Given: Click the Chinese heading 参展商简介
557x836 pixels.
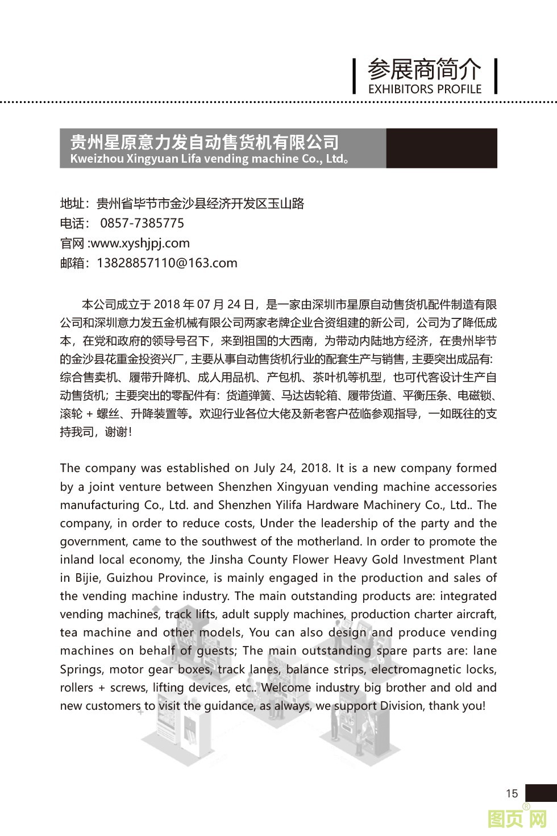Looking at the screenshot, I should (424, 70).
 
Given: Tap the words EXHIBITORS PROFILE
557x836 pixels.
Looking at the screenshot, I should (425, 89).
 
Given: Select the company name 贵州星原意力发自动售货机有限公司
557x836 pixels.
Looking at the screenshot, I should (204, 142).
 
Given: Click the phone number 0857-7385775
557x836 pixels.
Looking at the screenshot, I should (142, 223).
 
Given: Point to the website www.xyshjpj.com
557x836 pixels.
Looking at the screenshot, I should (140, 243).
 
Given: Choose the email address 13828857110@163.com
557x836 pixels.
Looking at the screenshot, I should (167, 263).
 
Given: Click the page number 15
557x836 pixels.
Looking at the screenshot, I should (512, 793).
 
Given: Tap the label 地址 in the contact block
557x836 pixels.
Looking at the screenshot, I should (72, 204).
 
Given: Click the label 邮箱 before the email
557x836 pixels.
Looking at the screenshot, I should (72, 263).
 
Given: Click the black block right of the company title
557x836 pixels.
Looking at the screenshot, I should (442, 148).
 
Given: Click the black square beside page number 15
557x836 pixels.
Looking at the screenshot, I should (541, 793).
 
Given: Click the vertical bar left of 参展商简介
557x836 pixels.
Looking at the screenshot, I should (354, 76).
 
